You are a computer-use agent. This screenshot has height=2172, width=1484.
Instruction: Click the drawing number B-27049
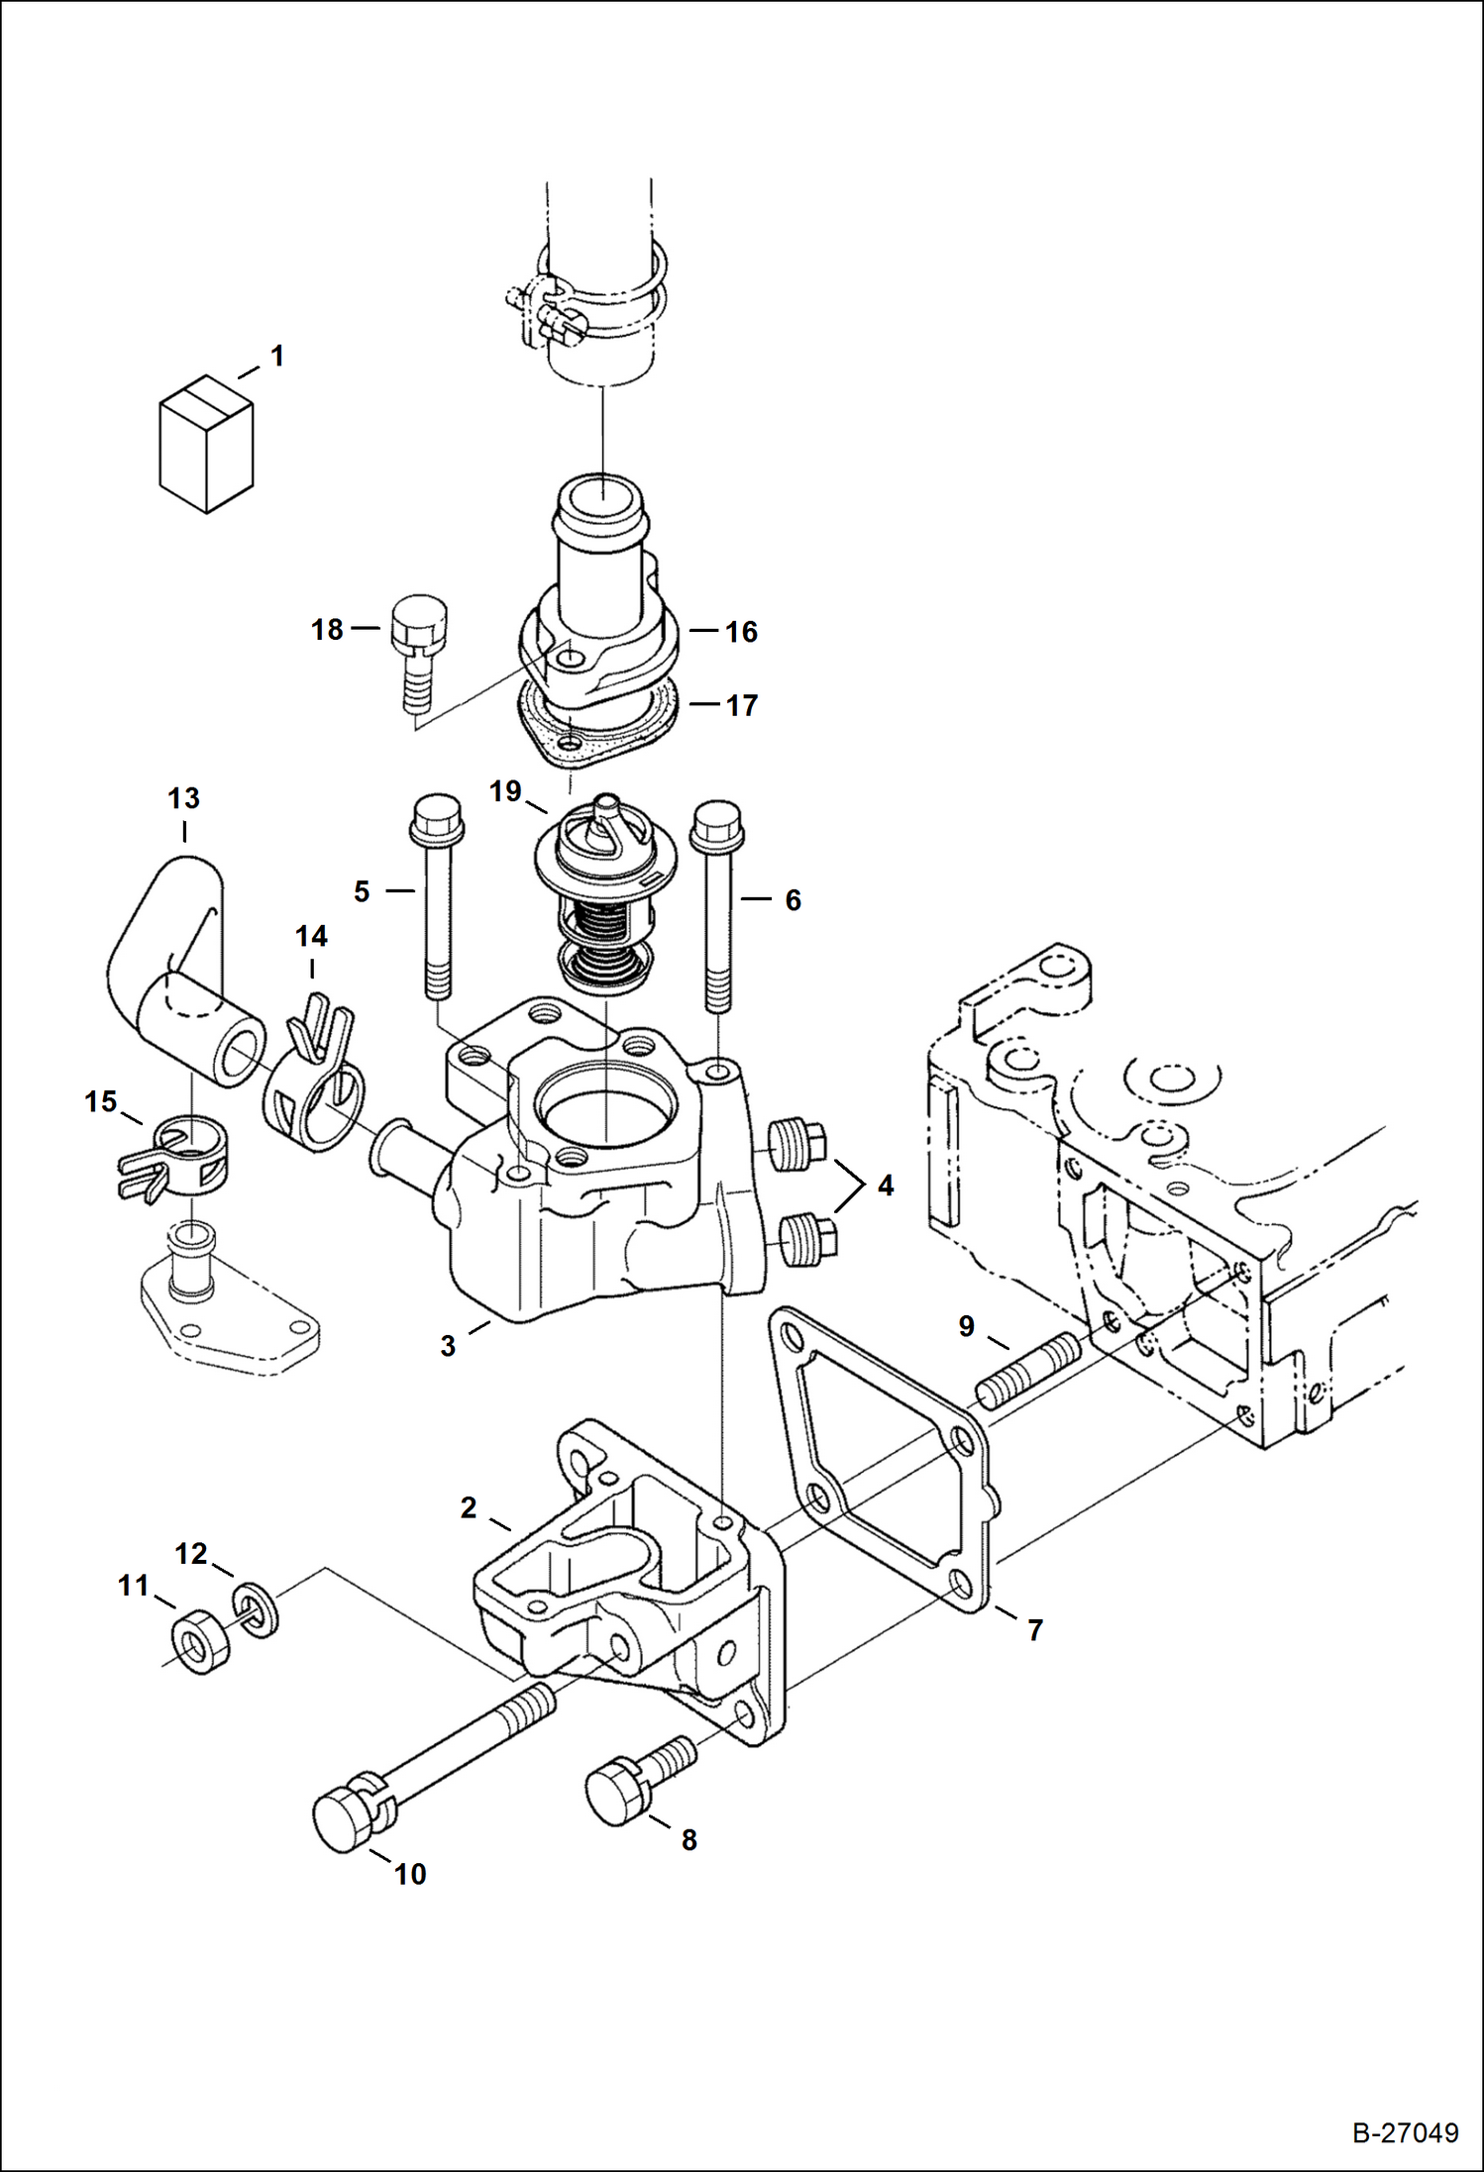(1405, 2131)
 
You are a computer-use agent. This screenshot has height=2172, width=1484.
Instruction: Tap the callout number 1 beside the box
(277, 356)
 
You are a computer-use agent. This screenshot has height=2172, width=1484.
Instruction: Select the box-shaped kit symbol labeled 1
(206, 444)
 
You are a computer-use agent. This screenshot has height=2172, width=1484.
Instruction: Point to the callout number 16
(741, 632)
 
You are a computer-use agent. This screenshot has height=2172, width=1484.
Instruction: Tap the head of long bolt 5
(435, 818)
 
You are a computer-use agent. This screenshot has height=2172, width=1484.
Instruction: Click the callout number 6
(793, 900)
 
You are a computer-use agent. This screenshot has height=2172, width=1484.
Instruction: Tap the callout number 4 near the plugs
(885, 1185)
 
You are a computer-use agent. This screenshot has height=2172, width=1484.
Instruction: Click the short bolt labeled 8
(634, 1779)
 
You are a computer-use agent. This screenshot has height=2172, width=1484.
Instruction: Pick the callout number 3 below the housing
(448, 1346)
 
